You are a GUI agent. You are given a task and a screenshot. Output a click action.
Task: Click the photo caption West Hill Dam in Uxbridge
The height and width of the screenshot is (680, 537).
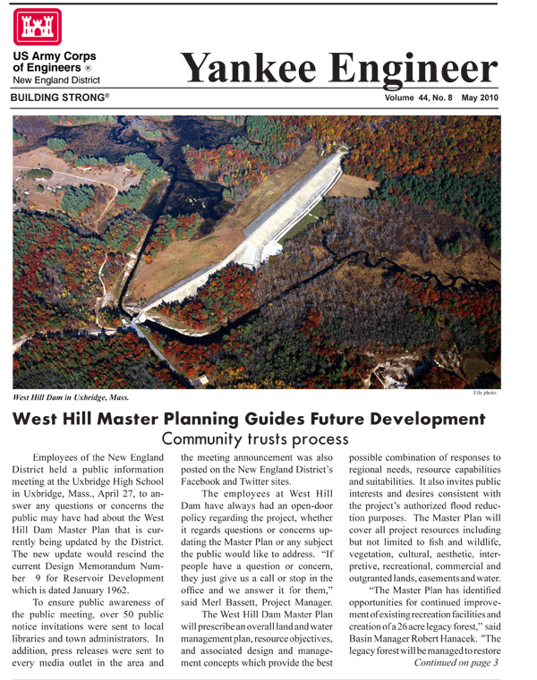tap(71, 396)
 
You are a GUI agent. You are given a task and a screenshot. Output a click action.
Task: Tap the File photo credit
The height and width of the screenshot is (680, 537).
tap(484, 393)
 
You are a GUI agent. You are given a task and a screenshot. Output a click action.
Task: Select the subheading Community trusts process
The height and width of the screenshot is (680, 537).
tap(255, 439)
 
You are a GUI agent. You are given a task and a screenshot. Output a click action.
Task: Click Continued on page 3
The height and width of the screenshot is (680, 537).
tap(454, 663)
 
